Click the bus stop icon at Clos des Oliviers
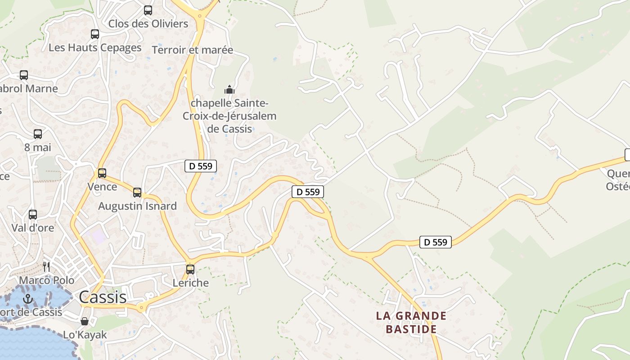point(148,10)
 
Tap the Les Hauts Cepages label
point(95,48)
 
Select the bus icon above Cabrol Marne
point(24,75)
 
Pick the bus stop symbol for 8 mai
point(38,134)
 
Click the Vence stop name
point(102,186)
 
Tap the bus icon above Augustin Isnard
point(137,193)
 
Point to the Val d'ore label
point(33,228)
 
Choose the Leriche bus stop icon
point(190,270)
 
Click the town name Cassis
point(103,297)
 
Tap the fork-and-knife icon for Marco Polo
point(46,267)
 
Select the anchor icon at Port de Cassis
point(28,298)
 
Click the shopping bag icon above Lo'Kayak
point(84,321)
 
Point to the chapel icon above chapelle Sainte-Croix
point(229,90)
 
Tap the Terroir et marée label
point(193,50)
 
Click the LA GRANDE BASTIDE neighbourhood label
point(411,322)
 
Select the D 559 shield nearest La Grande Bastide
point(436,242)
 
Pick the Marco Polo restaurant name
point(47,280)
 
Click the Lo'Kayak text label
point(85,335)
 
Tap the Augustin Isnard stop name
point(137,206)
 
